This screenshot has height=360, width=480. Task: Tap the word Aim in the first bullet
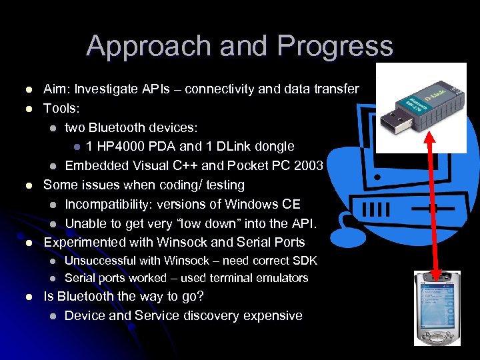click(56, 89)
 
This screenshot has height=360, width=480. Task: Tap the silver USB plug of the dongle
click(391, 122)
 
